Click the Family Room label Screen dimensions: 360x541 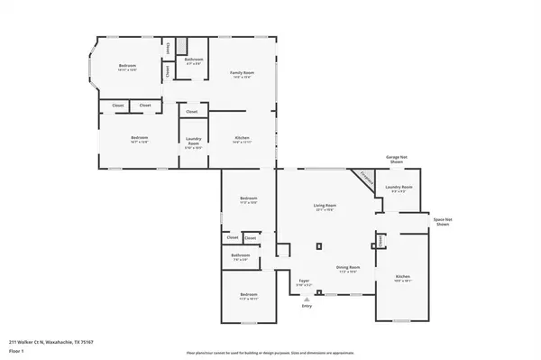240,74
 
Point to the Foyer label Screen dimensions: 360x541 306,282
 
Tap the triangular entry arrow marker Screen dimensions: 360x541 307,296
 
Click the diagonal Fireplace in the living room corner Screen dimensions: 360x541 365,180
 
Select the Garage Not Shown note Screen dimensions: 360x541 398,160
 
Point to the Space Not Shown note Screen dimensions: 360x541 442,221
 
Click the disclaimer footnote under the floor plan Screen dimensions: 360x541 270,352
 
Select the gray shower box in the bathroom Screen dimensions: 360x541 180,46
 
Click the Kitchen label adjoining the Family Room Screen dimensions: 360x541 241,140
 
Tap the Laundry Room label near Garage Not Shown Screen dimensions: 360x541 398,189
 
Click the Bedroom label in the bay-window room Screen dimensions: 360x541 127,67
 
